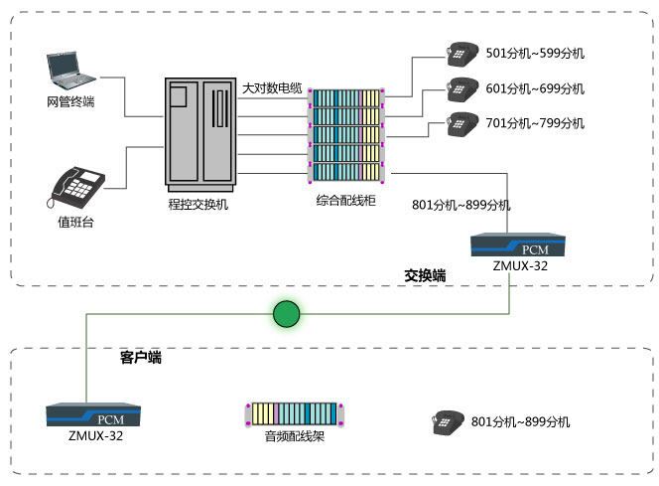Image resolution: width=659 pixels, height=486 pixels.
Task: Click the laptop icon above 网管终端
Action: [71, 69]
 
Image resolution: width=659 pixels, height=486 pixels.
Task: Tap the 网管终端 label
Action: [70, 101]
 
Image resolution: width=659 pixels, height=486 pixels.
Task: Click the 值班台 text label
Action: [76, 222]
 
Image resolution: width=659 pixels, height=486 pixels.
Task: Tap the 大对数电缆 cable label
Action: [272, 89]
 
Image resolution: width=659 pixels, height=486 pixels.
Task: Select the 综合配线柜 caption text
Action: [346, 201]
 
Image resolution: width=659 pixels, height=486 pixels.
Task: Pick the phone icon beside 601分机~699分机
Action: [461, 87]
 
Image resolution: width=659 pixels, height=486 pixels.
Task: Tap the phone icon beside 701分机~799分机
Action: [461, 123]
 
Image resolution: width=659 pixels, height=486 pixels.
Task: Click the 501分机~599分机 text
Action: [535, 53]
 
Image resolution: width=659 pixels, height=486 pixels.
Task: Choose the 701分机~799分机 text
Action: [535, 124]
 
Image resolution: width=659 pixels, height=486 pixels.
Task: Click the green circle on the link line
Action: [286, 315]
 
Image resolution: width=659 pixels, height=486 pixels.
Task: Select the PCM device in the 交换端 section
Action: [518, 244]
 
